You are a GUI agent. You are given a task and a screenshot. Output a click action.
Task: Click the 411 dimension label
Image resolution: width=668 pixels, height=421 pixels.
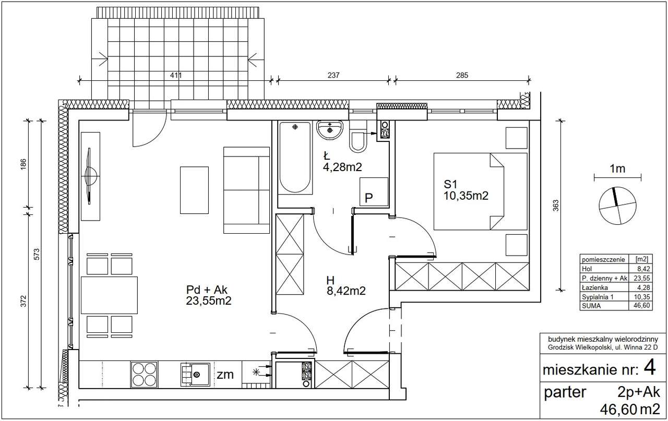click(176, 75)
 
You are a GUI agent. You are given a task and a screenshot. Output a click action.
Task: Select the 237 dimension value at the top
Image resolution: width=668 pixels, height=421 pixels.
click(333, 75)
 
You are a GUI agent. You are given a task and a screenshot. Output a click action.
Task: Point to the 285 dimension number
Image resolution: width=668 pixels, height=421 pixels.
click(462, 75)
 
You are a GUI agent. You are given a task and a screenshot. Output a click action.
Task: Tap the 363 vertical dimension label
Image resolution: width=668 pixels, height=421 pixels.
click(556, 206)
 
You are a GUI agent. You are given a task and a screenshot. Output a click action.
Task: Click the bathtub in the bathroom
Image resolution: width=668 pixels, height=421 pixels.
click(295, 158)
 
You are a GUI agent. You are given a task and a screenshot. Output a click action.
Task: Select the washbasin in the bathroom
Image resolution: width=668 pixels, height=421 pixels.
click(329, 130)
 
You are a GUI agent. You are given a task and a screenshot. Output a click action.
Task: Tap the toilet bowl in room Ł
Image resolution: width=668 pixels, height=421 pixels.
click(358, 137)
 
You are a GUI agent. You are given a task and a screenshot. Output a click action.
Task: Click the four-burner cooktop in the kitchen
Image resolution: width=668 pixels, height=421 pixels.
click(145, 375)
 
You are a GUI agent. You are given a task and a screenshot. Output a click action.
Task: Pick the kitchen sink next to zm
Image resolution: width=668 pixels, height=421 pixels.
click(195, 375)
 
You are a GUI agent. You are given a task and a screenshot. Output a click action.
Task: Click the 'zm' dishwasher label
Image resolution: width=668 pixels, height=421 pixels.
click(225, 375)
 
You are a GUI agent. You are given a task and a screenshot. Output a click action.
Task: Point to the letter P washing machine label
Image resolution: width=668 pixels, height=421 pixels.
click(369, 198)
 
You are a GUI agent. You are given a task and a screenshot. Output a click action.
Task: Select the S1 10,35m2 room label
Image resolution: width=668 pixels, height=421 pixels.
click(466, 190)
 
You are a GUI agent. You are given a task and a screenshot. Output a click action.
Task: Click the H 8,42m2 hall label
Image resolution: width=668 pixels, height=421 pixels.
click(346, 285)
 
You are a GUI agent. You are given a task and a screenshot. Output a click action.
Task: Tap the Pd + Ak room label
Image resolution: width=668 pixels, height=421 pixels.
click(208, 295)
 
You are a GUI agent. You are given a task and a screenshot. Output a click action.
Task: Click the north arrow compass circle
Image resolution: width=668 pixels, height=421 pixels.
click(617, 206)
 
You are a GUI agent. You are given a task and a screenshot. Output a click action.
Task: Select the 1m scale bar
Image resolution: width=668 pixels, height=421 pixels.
click(617, 178)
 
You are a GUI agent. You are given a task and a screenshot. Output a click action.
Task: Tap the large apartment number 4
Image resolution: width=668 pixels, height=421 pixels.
click(650, 368)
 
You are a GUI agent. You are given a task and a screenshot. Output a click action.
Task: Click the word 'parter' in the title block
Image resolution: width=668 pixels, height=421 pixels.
click(565, 392)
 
